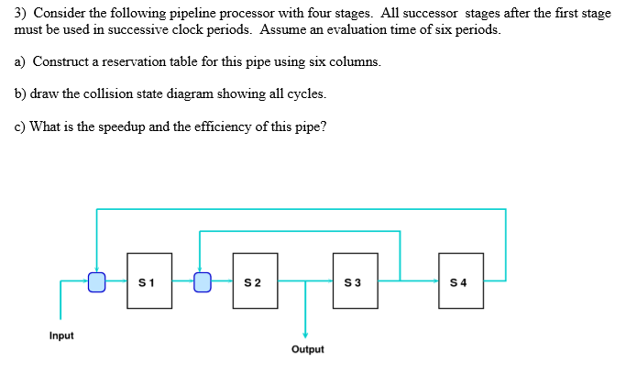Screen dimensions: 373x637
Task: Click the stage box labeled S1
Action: pyautogui.click(x=149, y=280)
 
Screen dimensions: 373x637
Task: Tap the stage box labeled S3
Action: pyautogui.click(x=356, y=280)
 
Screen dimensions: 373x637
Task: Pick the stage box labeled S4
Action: pyautogui.click(x=461, y=280)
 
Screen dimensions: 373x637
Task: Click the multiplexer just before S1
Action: pyautogui.click(x=96, y=280)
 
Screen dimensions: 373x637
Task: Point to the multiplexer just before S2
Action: pyautogui.click(x=203, y=280)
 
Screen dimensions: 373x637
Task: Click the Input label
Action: pyautogui.click(x=61, y=335)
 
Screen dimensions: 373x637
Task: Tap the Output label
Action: pyautogui.click(x=307, y=349)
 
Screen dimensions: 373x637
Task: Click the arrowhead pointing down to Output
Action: pyautogui.click(x=306, y=335)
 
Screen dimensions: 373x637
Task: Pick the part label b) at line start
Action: pyautogui.click(x=20, y=93)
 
